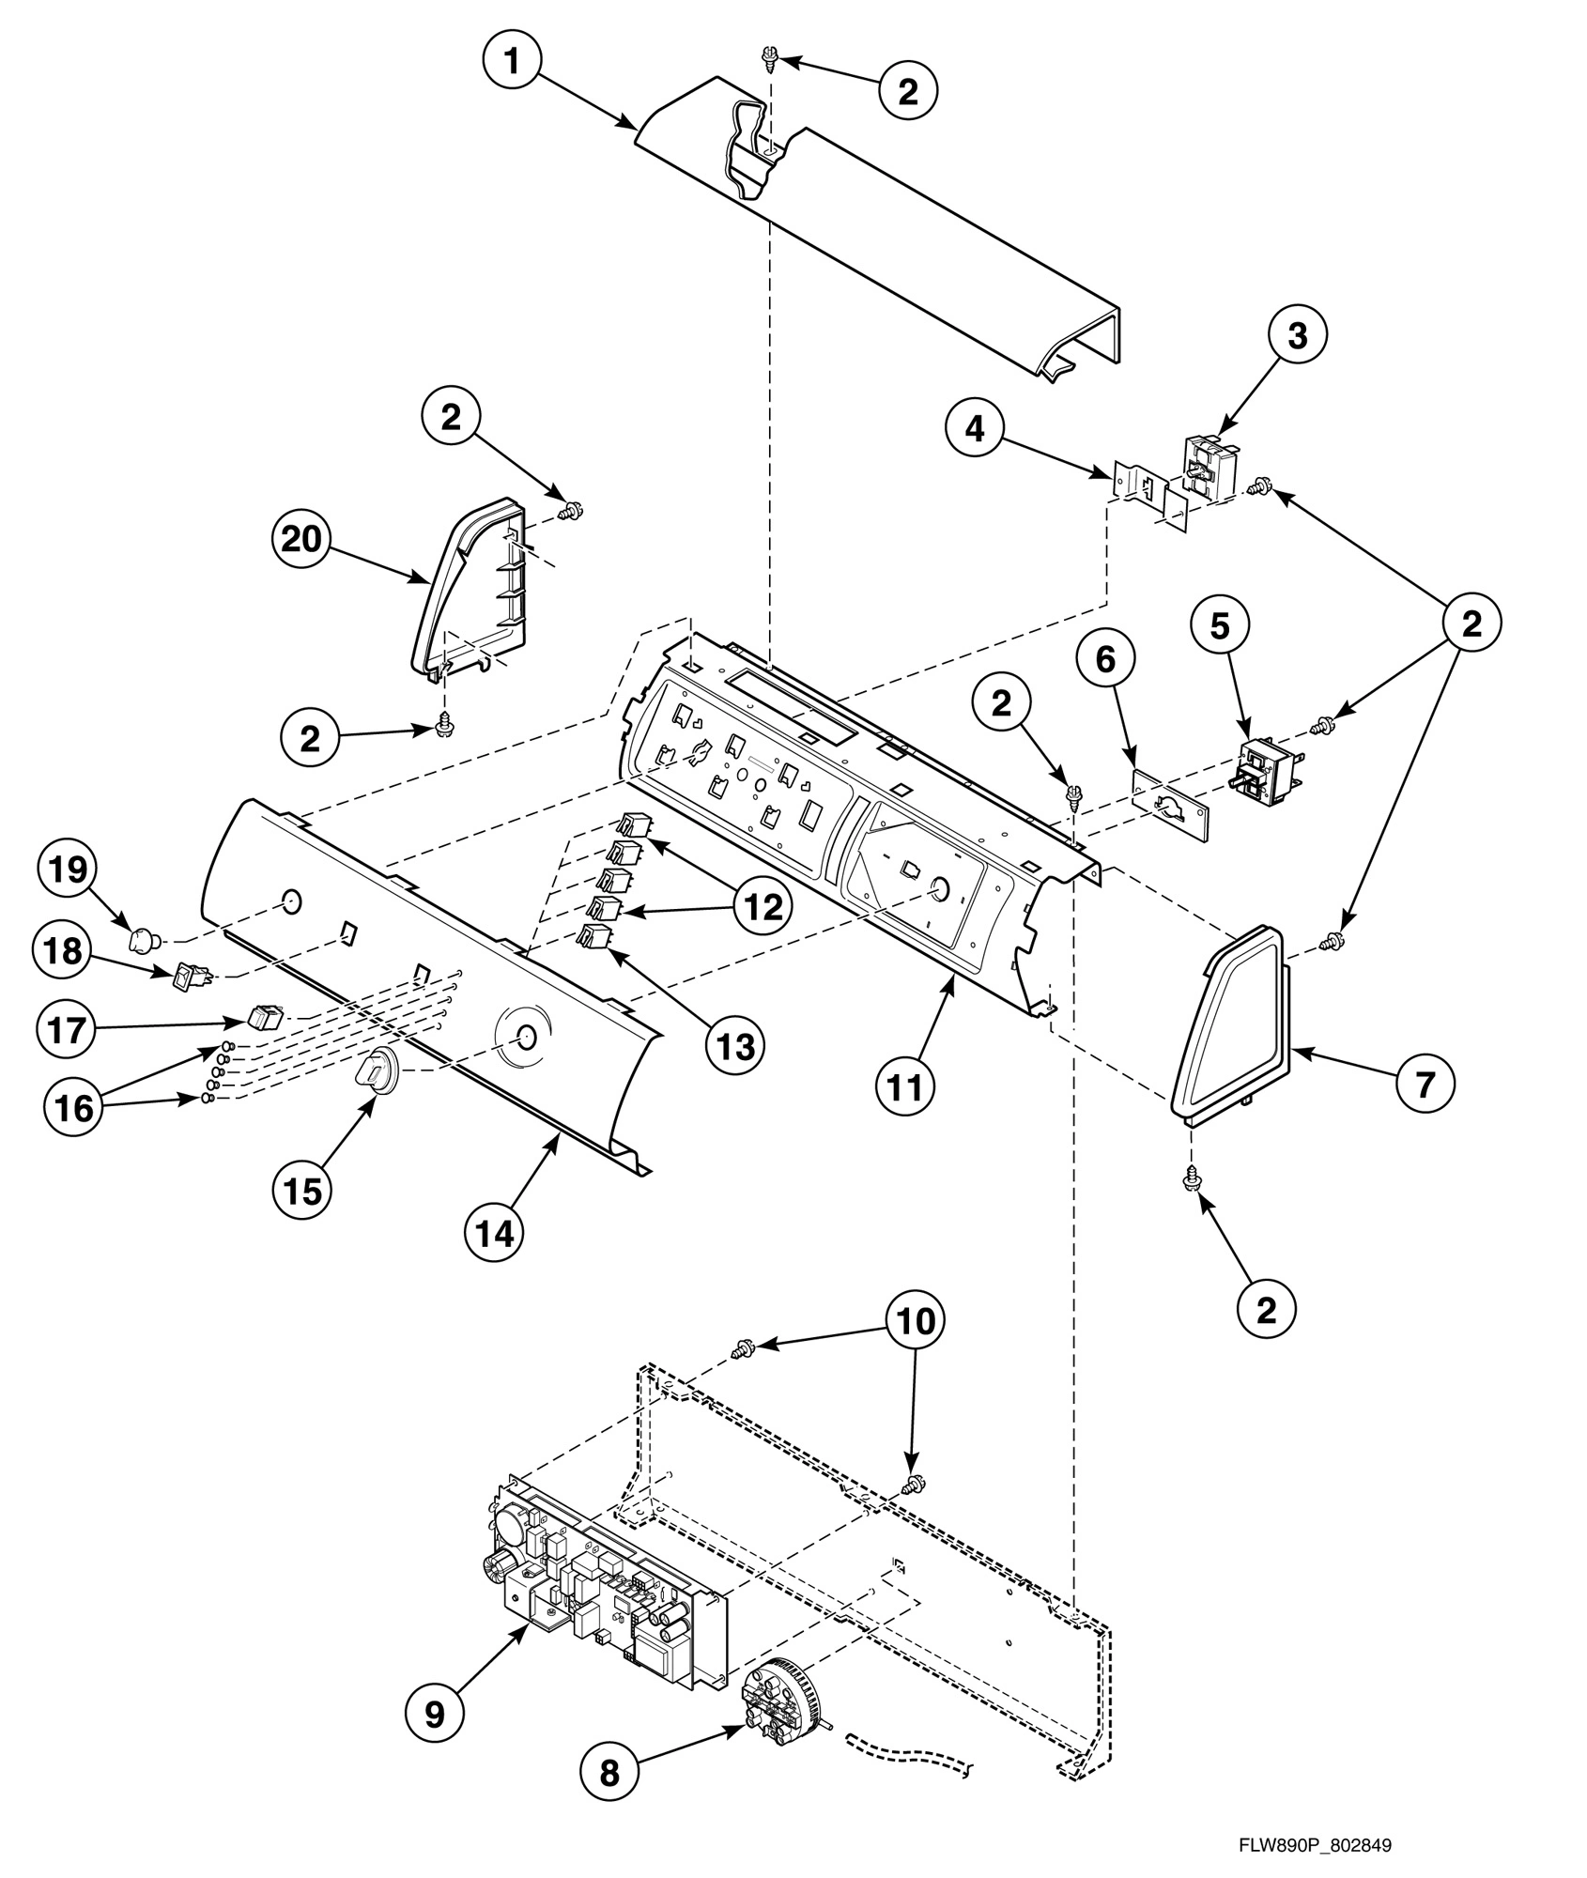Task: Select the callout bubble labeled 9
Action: click(x=436, y=1714)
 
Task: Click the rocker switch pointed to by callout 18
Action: click(x=190, y=979)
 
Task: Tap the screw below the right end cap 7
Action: click(x=1192, y=1176)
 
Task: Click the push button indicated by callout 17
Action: click(x=266, y=1016)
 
